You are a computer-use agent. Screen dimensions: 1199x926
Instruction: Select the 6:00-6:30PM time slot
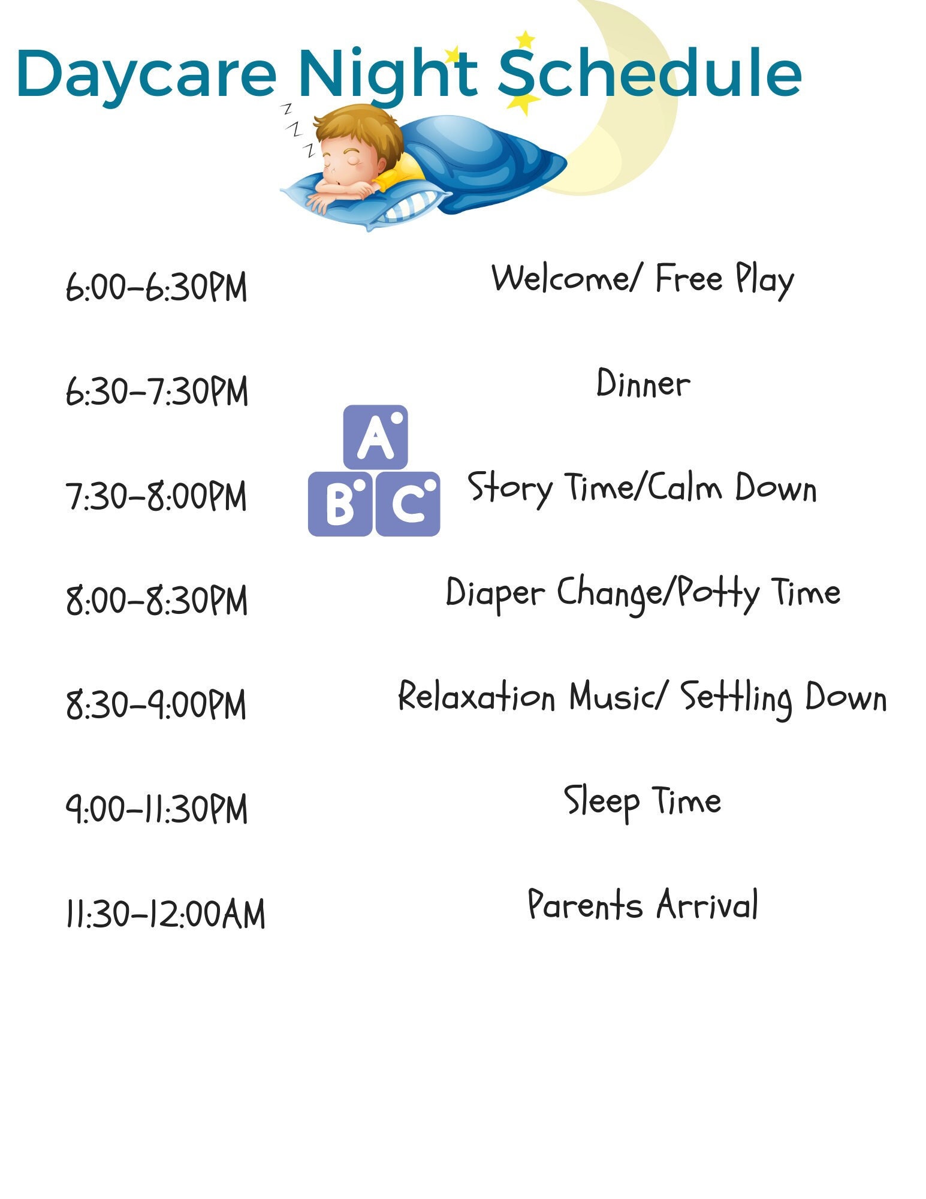coord(156,287)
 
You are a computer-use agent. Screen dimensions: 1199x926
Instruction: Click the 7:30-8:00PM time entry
coord(156,496)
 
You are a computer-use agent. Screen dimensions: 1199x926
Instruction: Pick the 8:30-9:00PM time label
coord(156,704)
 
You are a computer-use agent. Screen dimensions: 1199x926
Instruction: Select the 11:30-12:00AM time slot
coord(165,914)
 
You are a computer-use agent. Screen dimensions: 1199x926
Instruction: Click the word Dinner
coord(643,384)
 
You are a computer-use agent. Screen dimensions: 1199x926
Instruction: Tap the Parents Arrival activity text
coord(643,905)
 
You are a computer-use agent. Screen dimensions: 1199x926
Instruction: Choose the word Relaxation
coord(477,697)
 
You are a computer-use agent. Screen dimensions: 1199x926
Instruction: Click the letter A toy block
coord(375,437)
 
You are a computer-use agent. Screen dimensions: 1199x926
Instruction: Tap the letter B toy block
coord(340,504)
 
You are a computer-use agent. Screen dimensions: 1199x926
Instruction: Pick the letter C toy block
coord(408,504)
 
